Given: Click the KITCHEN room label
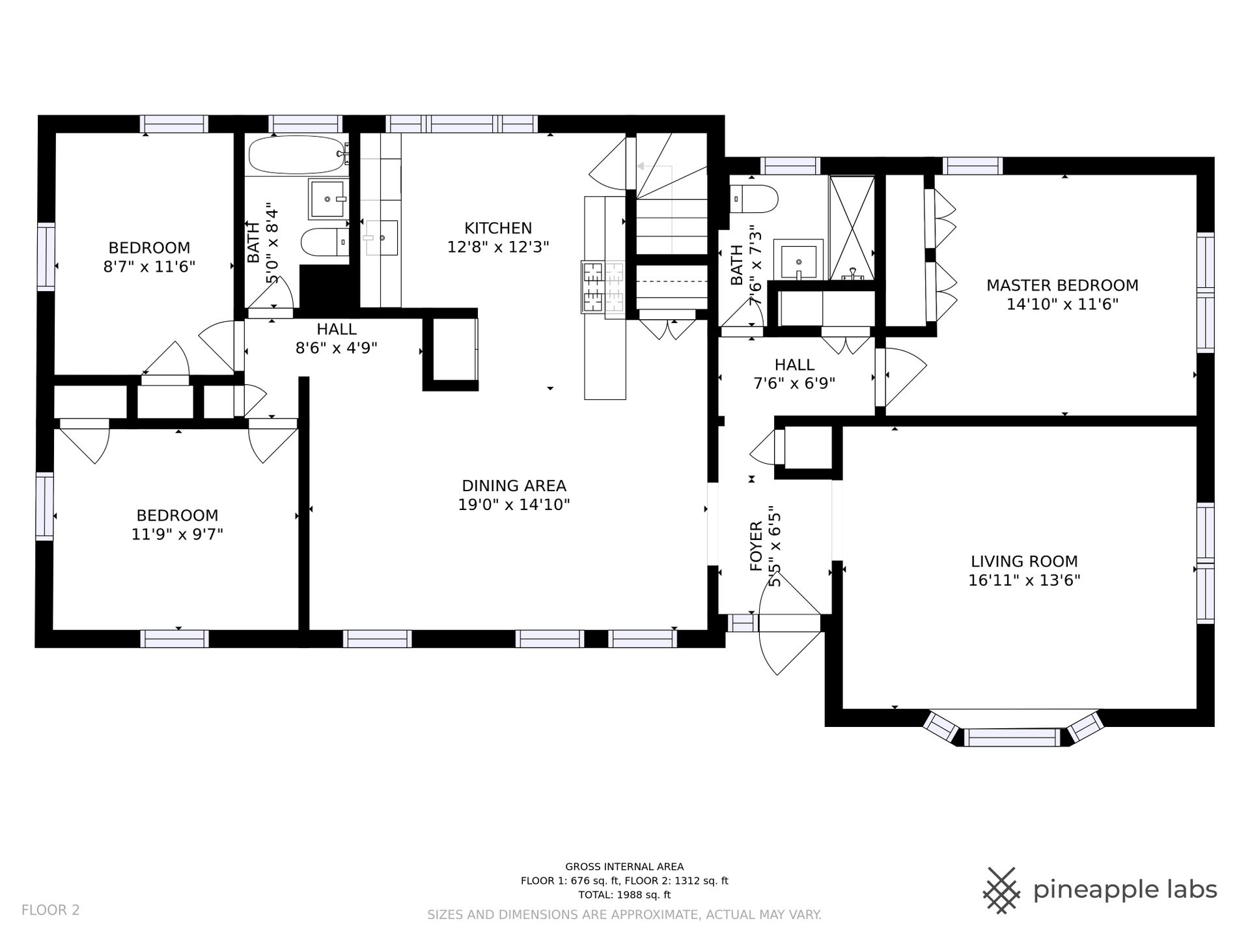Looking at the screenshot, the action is coord(498,228).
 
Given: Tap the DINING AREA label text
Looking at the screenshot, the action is coord(514,486).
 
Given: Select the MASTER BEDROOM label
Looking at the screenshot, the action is coord(1062,285).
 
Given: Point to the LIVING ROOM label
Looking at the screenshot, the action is coord(1024,561).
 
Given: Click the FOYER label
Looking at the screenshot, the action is coord(756,546).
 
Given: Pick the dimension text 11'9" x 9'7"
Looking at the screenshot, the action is coord(177,535).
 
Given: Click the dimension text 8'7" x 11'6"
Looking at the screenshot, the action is coord(149,267).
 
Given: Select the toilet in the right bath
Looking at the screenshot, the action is coord(754,199).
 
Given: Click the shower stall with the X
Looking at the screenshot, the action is coord(852,227).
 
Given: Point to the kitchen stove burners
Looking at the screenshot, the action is coord(603,287).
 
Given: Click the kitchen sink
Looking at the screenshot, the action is coord(382,237).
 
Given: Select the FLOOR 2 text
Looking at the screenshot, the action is coord(51,910).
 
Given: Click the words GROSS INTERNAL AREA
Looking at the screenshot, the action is coord(624,867).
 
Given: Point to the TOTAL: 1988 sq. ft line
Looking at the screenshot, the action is coord(624,895).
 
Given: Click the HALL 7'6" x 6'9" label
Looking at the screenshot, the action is coord(794,374).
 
